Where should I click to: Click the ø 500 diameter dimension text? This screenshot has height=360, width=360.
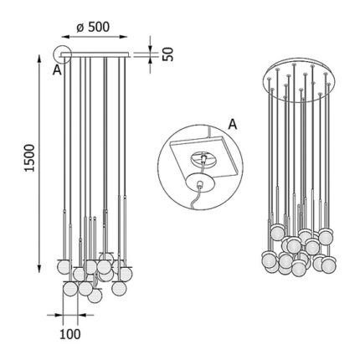pos(93,28)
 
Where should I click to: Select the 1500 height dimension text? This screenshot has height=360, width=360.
pos(29,158)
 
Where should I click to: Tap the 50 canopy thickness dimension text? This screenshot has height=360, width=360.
pos(168,54)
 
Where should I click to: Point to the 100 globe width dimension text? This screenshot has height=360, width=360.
pos(70,334)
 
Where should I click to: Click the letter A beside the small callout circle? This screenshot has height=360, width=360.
pos(57,70)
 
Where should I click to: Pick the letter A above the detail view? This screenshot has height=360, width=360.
pos(233,125)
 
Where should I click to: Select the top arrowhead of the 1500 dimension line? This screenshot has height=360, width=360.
pos(39,59)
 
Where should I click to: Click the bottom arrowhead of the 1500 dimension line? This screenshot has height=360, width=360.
pos(39,268)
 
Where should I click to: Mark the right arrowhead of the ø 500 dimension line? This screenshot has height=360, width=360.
pos(123,37)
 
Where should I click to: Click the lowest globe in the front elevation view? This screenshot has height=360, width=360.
pos(95,296)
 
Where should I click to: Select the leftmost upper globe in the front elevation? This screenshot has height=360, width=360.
pos(64,267)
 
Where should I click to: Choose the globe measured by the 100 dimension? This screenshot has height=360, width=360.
pos(70,289)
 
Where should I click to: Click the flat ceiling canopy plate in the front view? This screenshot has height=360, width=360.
pos(95,54)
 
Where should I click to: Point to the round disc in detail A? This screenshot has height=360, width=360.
pos(200,183)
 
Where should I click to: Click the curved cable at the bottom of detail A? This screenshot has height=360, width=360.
pos(195,198)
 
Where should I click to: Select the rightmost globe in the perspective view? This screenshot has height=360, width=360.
pos(328,265)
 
